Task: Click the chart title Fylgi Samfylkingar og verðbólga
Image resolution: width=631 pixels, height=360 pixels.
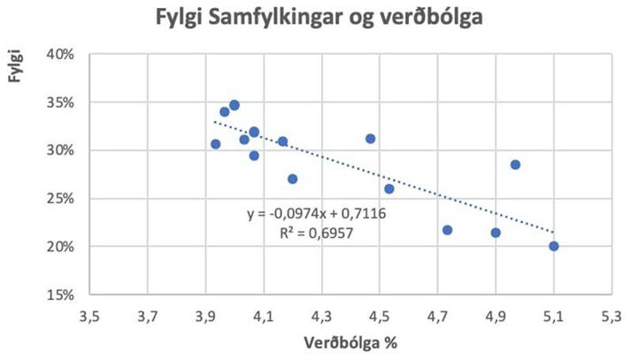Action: click(x=315, y=18)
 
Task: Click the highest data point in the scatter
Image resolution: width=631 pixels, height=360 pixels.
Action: click(x=234, y=105)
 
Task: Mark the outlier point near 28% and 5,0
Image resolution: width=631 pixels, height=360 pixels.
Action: click(x=515, y=165)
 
